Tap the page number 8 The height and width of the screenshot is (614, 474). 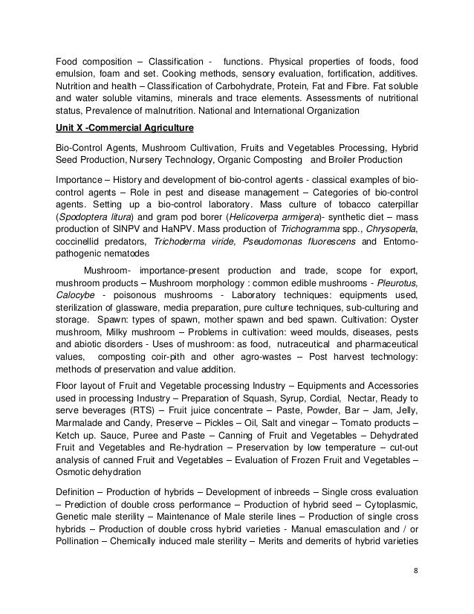coord(415,571)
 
